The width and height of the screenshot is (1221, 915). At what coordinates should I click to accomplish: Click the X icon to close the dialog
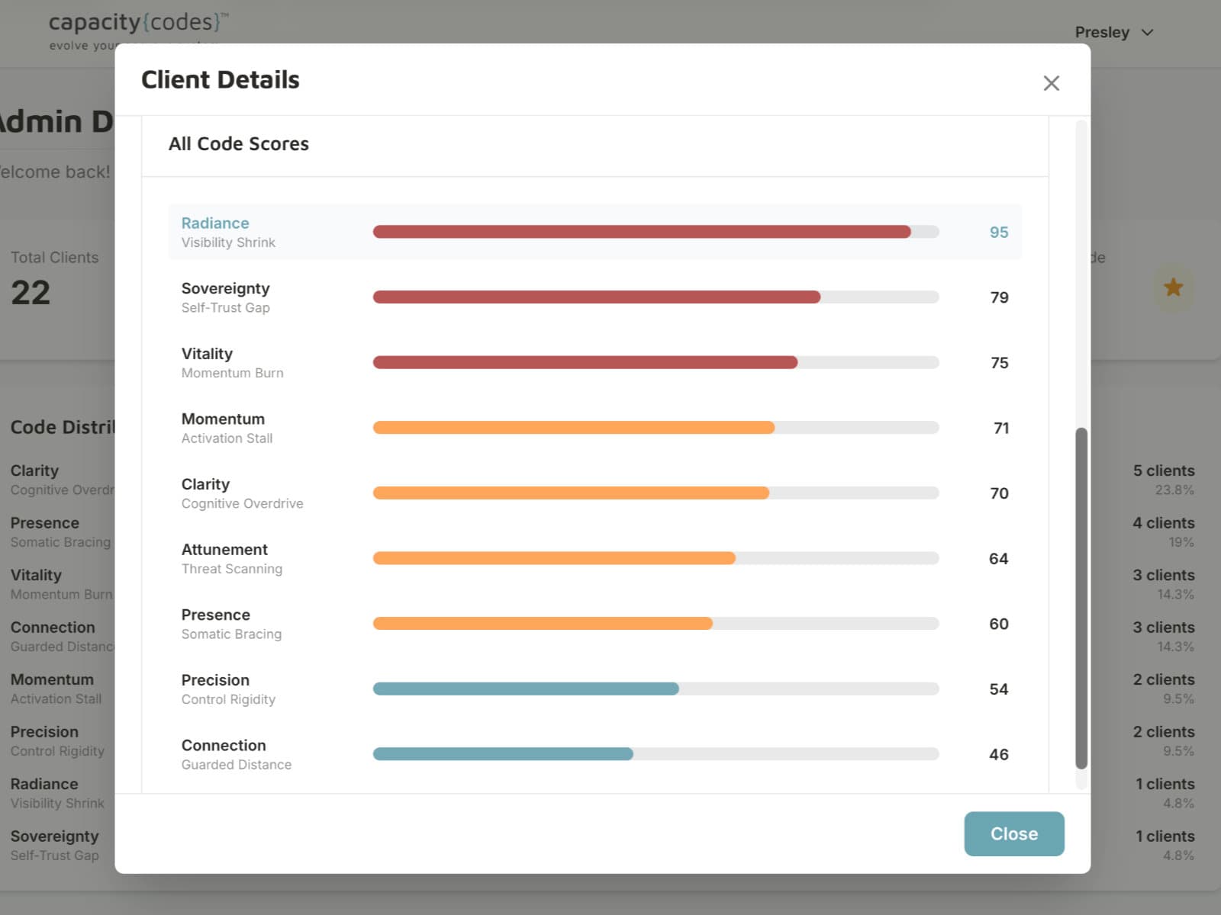pos(1051,83)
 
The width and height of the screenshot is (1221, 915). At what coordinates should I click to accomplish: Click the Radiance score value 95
pos(998,232)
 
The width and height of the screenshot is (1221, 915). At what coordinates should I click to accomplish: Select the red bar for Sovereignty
pos(596,297)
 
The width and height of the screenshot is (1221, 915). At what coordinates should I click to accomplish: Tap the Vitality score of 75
pos(999,363)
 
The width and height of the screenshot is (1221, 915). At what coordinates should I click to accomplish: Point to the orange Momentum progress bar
pos(573,428)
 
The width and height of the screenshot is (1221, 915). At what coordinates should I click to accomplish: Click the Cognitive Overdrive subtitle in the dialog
pos(242,503)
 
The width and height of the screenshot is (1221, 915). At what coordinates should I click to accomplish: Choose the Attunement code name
pos(224,549)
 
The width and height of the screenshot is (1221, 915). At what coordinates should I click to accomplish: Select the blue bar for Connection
pos(503,754)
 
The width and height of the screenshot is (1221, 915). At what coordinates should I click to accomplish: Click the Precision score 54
pos(998,689)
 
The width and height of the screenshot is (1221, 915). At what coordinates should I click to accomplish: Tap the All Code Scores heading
pos(238,144)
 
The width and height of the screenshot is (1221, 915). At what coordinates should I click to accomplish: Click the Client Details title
pos(220,80)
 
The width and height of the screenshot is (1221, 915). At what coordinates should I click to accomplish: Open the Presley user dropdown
pos(1113,32)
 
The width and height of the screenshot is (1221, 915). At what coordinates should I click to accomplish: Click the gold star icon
pos(1173,287)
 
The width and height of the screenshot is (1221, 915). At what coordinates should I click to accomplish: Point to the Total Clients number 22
pos(31,293)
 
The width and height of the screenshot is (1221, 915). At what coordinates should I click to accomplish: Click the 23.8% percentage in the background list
pos(1174,490)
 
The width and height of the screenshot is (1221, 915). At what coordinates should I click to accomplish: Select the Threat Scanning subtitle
pos(231,569)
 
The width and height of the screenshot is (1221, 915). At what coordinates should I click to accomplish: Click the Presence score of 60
pos(998,624)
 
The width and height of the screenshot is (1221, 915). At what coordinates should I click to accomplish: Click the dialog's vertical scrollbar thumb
pos(1081,599)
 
